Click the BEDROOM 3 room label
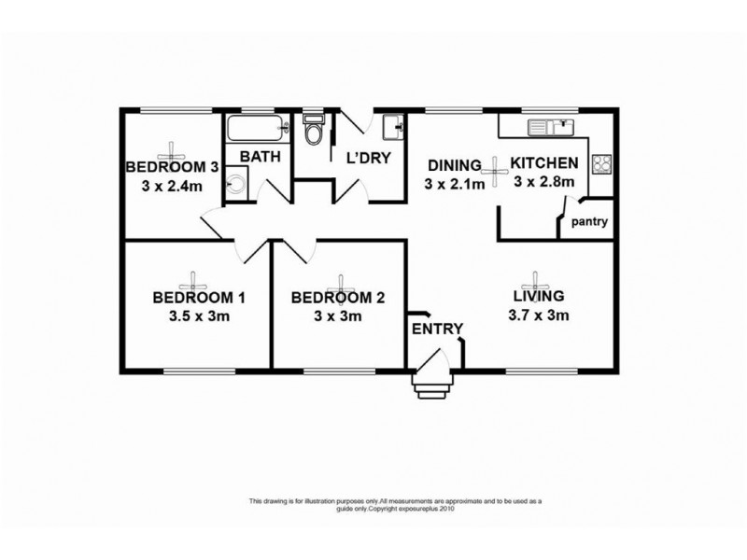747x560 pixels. [172, 168]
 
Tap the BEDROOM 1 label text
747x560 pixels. [199, 299]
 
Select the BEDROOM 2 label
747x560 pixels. [338, 299]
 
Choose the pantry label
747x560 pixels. [590, 222]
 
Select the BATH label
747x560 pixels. [259, 157]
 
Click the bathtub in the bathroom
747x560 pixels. [255, 129]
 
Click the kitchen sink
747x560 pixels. [550, 125]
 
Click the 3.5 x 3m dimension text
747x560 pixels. [199, 317]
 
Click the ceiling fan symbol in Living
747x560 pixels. [536, 279]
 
